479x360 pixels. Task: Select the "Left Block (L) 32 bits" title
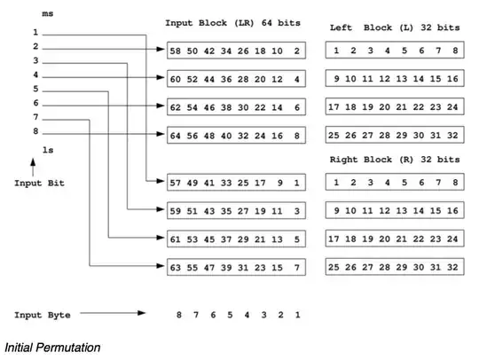point(395,27)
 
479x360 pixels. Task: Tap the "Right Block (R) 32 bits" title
point(395,160)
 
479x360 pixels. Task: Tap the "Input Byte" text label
point(42,315)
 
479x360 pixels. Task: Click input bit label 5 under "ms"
point(35,90)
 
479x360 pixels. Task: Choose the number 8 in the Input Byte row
point(178,315)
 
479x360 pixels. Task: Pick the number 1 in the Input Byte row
point(298,315)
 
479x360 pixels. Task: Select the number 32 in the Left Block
point(454,135)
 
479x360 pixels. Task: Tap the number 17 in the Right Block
point(335,239)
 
